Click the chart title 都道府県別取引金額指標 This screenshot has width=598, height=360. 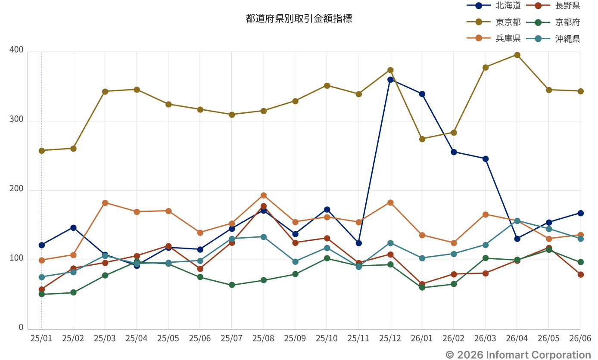point(299,19)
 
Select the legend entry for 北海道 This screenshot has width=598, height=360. point(494,6)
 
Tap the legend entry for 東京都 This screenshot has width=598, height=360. point(494,22)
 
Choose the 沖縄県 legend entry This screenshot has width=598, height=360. point(553,39)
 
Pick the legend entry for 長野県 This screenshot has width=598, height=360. point(553,6)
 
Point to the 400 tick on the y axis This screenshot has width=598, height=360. point(16,50)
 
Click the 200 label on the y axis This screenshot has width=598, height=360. point(16,189)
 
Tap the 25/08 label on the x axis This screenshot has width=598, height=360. point(263,338)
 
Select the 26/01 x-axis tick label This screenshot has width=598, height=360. point(422,338)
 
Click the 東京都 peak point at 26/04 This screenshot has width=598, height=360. point(517,55)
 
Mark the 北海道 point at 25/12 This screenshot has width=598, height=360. point(390,80)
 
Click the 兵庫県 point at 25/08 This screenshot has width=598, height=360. point(264,196)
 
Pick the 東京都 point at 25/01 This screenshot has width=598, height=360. point(42,151)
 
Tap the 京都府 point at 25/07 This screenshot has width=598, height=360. point(232,285)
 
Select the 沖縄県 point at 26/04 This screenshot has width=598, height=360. point(517,221)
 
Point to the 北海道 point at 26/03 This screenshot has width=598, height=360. point(486,159)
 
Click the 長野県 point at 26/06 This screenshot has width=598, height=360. point(580,275)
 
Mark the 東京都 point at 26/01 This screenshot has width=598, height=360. point(422,139)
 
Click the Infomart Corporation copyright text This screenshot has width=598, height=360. point(518,355)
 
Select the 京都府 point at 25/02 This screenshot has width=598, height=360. point(73,292)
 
